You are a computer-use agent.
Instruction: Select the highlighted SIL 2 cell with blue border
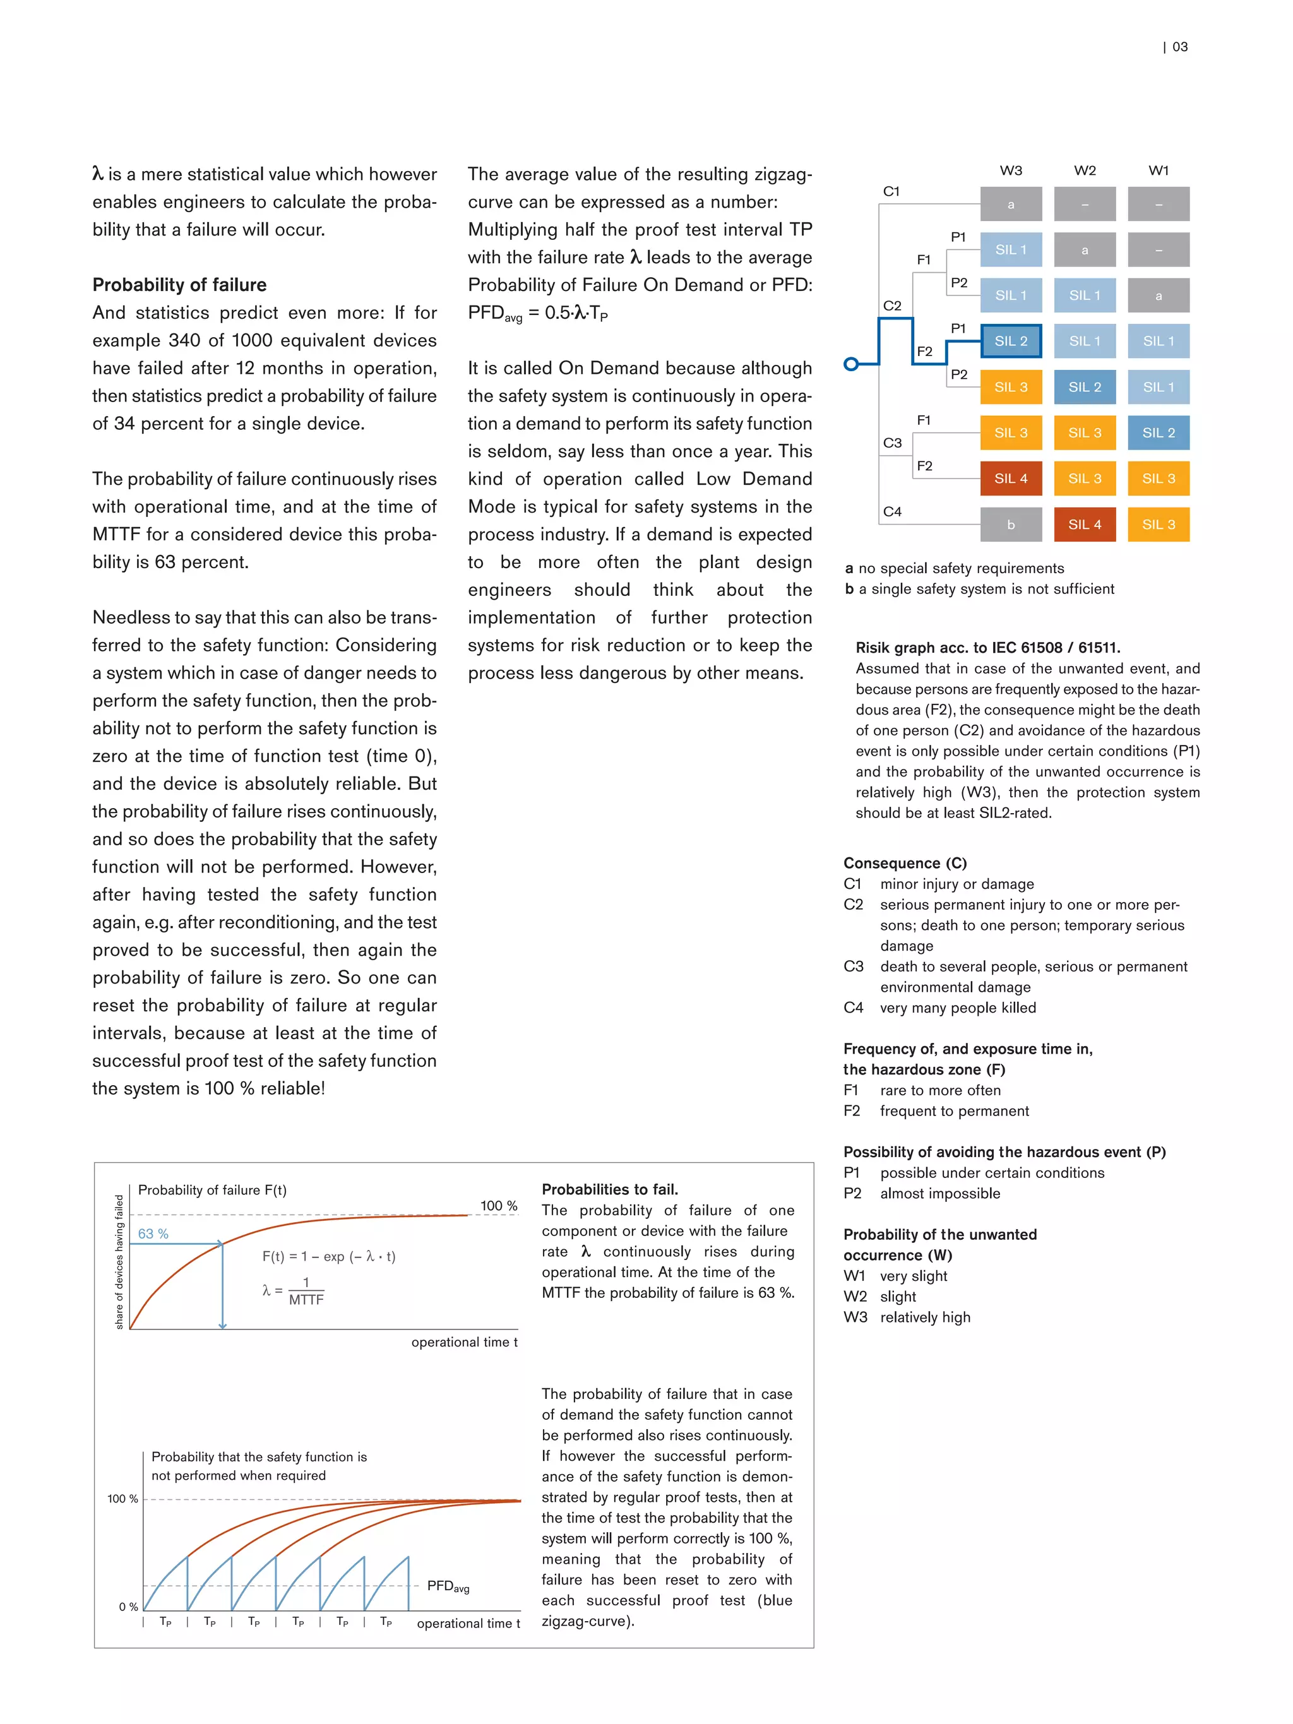point(1010,342)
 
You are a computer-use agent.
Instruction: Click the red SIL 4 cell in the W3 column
point(1010,479)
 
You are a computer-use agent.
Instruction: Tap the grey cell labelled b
point(1010,525)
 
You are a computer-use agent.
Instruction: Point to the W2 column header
point(1084,170)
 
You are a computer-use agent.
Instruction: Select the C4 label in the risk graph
point(891,512)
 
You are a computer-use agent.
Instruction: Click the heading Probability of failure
point(179,285)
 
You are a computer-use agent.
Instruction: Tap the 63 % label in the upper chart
point(153,1234)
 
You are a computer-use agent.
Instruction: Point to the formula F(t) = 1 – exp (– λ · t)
point(328,1256)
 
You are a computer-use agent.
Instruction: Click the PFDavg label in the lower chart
point(448,1586)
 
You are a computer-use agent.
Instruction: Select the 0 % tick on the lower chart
point(128,1607)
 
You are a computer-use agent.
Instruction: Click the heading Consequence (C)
point(904,863)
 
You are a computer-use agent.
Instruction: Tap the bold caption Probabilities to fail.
point(609,1189)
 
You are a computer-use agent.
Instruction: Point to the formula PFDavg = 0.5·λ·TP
point(537,313)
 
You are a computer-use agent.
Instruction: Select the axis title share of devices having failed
point(119,1262)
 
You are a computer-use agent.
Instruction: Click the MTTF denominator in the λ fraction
point(306,1300)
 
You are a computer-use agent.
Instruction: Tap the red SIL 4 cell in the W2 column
point(1084,525)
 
